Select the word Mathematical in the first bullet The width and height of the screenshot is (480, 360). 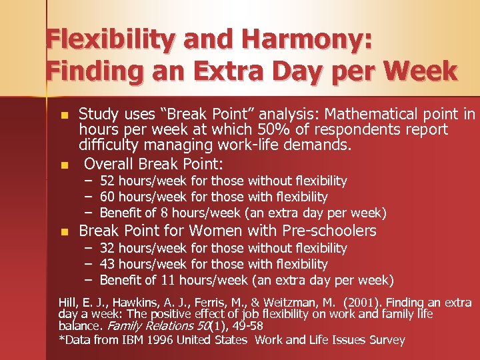[x=374, y=114]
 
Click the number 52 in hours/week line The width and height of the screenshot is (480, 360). [x=107, y=181]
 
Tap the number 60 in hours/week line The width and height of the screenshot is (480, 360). [x=107, y=197]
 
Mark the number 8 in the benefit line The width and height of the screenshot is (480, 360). [x=164, y=213]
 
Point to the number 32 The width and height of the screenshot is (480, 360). [x=107, y=249]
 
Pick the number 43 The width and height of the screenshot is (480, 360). [x=107, y=265]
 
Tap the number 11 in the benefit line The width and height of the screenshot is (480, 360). [x=167, y=281]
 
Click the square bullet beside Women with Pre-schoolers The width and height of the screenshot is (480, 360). [x=64, y=232]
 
